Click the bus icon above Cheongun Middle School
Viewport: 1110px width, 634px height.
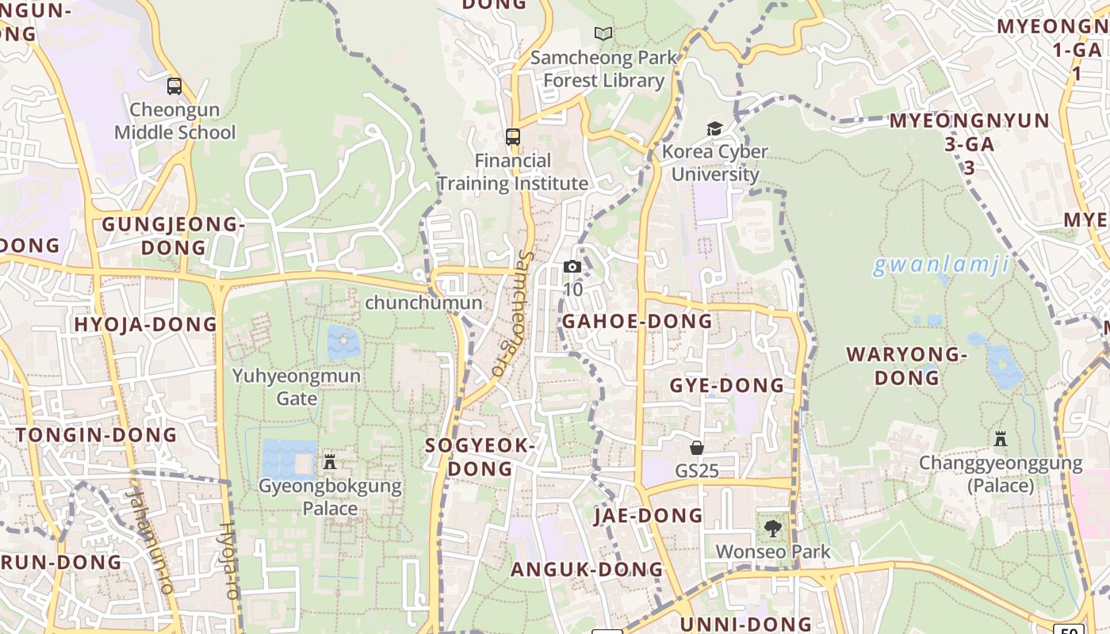click(174, 86)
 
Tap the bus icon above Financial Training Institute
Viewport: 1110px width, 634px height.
click(513, 137)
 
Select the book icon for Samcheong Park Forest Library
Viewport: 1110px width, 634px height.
click(603, 34)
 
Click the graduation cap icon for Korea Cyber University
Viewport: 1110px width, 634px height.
click(715, 128)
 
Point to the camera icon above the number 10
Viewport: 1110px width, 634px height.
click(572, 267)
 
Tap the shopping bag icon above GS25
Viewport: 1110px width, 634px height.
click(697, 448)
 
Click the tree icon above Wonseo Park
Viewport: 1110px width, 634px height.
click(772, 528)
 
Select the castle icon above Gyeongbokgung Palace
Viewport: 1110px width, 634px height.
click(330, 461)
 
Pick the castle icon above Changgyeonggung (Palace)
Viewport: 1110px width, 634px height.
click(1001, 438)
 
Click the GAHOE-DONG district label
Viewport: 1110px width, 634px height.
click(637, 321)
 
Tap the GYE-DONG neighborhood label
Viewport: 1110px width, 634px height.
click(727, 386)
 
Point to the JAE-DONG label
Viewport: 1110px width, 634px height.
click(649, 516)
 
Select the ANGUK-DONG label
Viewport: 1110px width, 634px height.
click(587, 569)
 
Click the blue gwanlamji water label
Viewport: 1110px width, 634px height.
click(941, 265)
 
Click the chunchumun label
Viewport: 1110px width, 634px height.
click(423, 303)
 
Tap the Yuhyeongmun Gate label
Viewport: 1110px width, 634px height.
click(297, 387)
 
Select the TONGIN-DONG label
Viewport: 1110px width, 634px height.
click(97, 434)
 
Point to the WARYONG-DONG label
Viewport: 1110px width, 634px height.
click(907, 365)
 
